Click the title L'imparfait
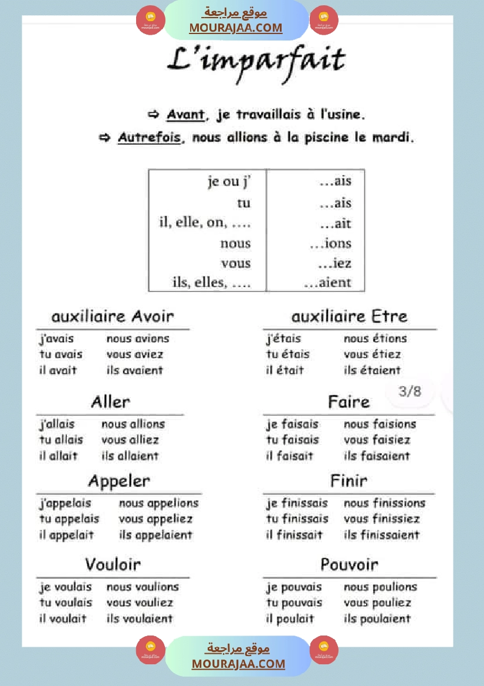coord(256,60)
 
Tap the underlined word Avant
coord(185,114)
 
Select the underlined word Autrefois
coord(149,138)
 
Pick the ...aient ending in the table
coord(327,283)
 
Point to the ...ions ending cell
coord(330,244)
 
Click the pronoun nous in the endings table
coord(235,244)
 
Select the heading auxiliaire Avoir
coord(113,317)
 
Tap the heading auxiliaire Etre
coord(349,317)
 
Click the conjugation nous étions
coord(375,339)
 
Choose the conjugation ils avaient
coord(134,370)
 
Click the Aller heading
coord(110,402)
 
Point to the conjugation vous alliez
coord(130,440)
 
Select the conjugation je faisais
coord(292,424)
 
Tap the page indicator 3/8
coord(410,391)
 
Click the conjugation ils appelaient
coord(155,535)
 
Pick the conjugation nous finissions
coord(384,503)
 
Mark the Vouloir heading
coord(113,565)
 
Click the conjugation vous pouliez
coord(377,603)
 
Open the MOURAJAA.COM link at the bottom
coord(238,664)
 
